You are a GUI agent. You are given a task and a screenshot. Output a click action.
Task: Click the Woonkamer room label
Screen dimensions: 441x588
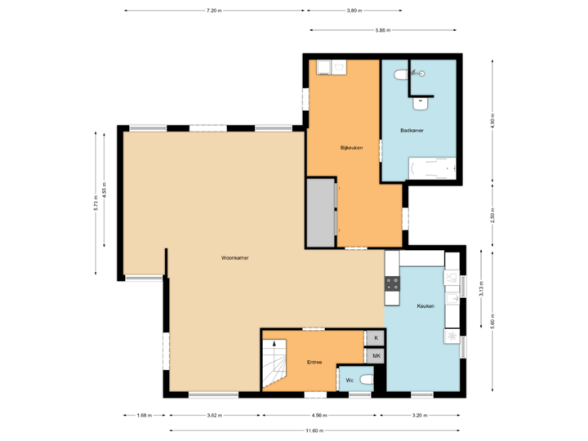[x=234, y=257]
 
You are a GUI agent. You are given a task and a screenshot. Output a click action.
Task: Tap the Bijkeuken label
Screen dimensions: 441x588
[x=351, y=148]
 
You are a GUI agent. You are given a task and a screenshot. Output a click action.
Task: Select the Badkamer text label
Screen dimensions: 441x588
[x=412, y=130]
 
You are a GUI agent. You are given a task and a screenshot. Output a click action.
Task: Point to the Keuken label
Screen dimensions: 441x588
[x=425, y=306]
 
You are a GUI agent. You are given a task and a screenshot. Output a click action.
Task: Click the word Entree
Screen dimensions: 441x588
[x=314, y=362]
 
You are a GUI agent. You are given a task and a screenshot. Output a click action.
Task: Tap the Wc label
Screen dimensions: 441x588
[x=350, y=381]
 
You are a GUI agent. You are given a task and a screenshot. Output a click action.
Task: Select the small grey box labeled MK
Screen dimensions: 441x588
[x=376, y=356]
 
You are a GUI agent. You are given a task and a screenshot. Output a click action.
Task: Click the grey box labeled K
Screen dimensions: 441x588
[x=376, y=338]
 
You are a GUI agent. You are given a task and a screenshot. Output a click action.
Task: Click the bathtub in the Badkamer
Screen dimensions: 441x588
[x=430, y=169]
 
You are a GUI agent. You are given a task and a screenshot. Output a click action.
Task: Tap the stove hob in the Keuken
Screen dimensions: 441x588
[x=392, y=283]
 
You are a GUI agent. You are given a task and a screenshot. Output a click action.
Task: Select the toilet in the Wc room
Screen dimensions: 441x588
[x=366, y=380]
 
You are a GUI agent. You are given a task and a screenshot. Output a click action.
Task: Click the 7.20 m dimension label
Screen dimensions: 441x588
[x=213, y=11]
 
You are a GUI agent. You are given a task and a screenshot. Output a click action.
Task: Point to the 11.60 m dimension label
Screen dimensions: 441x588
[x=314, y=430]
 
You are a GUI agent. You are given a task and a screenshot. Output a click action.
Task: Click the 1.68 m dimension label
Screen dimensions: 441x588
[x=145, y=415]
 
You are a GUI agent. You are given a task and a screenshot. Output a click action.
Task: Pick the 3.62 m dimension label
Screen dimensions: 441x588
[x=215, y=415]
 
